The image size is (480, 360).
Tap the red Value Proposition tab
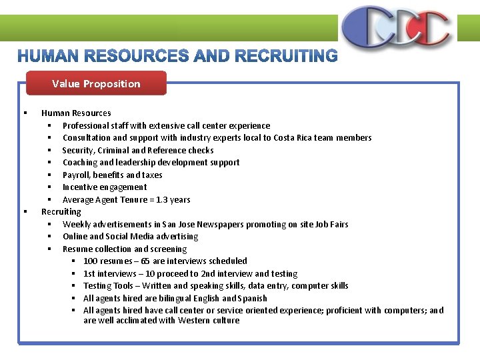pos(96,83)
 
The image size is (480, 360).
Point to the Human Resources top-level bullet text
pos(76,113)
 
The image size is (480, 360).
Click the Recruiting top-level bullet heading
pos(61,211)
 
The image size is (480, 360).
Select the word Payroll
pos(76,175)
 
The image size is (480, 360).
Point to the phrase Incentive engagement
pos(105,187)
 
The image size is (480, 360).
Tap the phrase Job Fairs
pos(331,224)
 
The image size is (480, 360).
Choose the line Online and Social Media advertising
pos(131,237)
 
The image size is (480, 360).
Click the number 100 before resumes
pos(90,261)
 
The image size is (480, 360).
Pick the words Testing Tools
pos(108,286)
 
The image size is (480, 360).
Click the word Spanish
pos(253,298)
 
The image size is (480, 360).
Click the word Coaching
pos(79,163)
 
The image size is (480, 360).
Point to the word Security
pos(78,150)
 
